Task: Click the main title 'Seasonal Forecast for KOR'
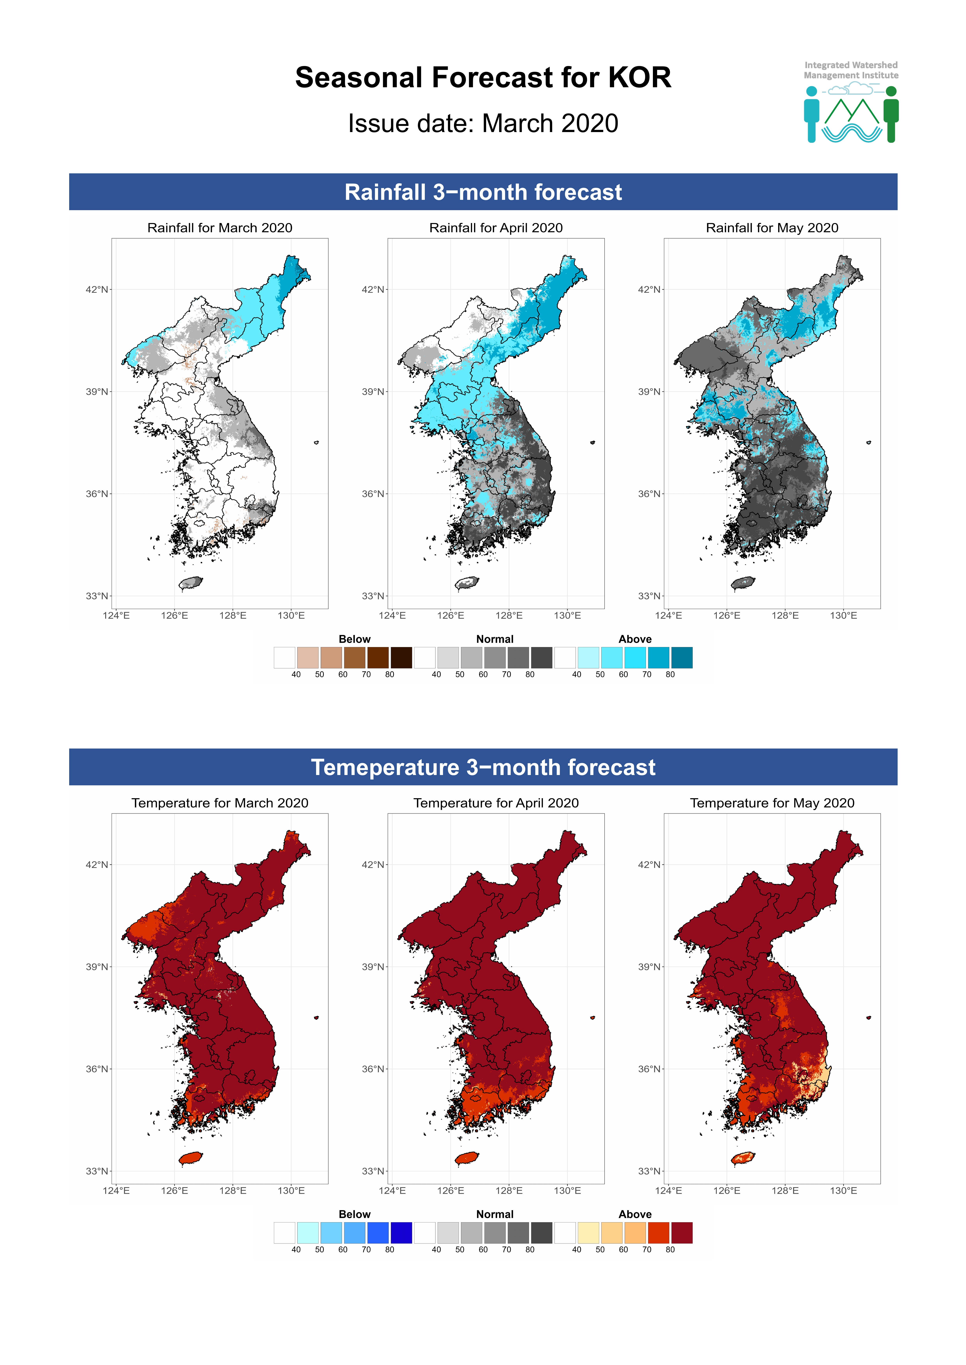pyautogui.click(x=483, y=78)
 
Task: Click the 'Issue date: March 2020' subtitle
pyautogui.click(x=483, y=124)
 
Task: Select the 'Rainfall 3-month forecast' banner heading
pyautogui.click(x=483, y=192)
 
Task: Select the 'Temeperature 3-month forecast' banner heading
pyautogui.click(x=483, y=767)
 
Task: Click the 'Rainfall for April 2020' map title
pyautogui.click(x=495, y=228)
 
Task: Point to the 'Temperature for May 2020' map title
pyautogui.click(x=772, y=803)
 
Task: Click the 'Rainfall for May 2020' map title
pyautogui.click(x=772, y=228)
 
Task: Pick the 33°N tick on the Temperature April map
pyautogui.click(x=373, y=1171)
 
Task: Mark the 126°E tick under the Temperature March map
pyautogui.click(x=174, y=1190)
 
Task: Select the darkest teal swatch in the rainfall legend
pyautogui.click(x=682, y=658)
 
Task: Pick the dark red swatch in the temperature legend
pyautogui.click(x=682, y=1232)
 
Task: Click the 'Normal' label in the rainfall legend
pyautogui.click(x=494, y=639)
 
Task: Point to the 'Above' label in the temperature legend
pyautogui.click(x=635, y=1214)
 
